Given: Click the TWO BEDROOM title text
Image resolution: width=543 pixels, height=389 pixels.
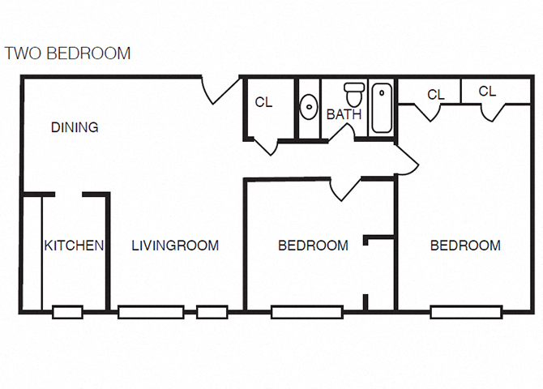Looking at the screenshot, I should pos(67,53).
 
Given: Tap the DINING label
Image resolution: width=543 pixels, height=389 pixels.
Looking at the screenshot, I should pos(75,127).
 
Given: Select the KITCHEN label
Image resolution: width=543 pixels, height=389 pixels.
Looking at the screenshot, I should pos(74,246).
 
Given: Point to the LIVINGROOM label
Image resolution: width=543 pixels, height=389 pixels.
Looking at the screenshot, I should pos(175,246).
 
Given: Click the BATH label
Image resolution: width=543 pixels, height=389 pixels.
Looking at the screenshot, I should pos(344,114).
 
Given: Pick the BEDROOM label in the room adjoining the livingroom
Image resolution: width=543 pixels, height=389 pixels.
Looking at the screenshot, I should pos(313,246).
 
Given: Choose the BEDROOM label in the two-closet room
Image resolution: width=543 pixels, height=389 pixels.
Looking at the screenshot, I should pos(465,246).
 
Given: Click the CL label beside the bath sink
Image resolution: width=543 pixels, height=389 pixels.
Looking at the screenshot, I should pos(263,102).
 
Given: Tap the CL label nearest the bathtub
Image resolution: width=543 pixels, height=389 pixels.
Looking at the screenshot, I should pos(435,95).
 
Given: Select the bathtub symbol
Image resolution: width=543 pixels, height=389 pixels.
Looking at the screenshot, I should pos(382,108).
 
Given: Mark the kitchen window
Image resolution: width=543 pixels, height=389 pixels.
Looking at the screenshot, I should pos(67,311).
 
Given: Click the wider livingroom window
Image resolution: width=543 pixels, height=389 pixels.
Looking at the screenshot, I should pos(151,311).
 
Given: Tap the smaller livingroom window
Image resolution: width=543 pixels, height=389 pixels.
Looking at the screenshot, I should pos(212,311).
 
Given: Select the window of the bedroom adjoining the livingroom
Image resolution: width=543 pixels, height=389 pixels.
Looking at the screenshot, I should pos(306,311).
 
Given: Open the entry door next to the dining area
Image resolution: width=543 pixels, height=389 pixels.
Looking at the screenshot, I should pos(220,90).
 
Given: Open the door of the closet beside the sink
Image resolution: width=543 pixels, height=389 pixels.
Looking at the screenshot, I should pos(265,146).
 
